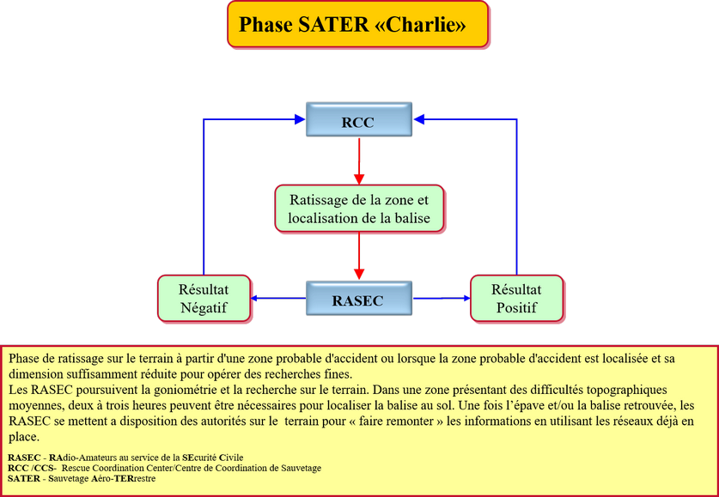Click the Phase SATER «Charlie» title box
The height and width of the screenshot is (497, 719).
[x=357, y=24]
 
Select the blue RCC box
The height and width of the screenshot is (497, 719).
[x=358, y=122]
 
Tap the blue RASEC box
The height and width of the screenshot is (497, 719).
[x=358, y=300]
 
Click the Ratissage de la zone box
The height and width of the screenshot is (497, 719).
[x=358, y=208]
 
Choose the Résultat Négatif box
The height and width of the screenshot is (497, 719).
[x=204, y=299]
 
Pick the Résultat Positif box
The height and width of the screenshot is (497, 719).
[x=517, y=299]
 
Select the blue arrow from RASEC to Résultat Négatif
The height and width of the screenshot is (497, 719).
[x=279, y=299]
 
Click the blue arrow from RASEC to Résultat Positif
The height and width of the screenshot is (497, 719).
[x=442, y=299]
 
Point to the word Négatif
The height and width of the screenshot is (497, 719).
[x=204, y=307]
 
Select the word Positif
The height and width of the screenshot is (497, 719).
[x=516, y=307]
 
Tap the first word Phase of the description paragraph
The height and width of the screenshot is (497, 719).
[x=27, y=357]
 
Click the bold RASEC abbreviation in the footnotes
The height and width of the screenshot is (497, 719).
[x=23, y=457]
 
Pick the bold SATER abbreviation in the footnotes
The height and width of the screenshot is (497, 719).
[x=23, y=478]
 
